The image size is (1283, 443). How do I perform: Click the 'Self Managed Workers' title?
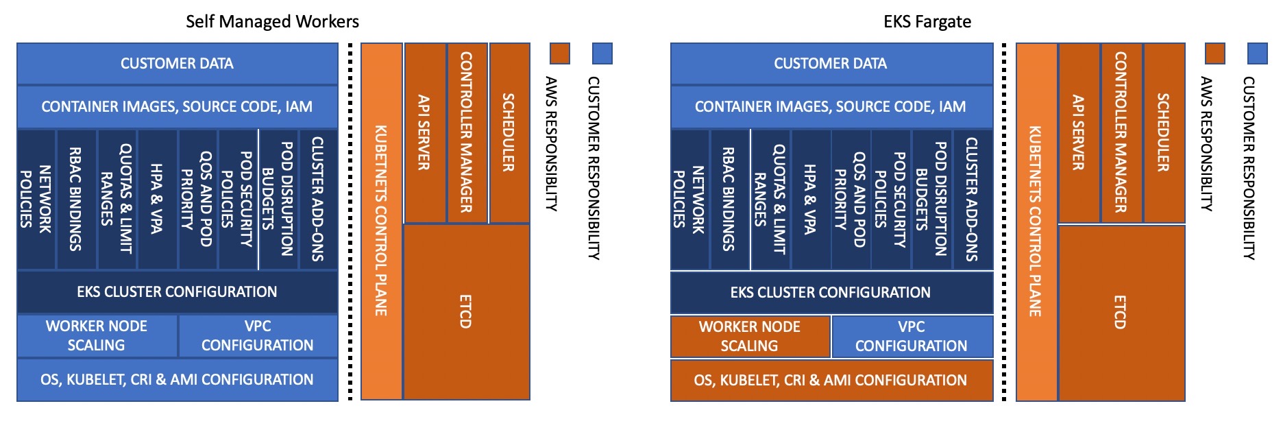tap(272, 21)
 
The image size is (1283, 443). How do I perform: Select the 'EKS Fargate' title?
tap(927, 21)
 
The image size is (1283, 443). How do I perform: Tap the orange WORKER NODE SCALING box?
tap(750, 336)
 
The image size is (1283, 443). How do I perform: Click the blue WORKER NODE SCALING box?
tap(97, 335)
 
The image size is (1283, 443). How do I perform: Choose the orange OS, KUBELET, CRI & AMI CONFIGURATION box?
tap(831, 380)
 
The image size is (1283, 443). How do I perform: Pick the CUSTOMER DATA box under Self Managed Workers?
tap(177, 63)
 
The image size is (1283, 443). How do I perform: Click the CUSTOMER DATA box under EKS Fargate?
tap(831, 63)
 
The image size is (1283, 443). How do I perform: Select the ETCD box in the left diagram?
tap(466, 311)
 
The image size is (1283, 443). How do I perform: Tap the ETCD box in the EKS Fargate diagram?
tap(1121, 312)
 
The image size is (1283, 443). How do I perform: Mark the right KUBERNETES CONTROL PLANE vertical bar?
tap(1036, 221)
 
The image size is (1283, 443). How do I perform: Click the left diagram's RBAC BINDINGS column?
tap(76, 199)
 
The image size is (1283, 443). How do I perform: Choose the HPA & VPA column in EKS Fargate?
tap(810, 199)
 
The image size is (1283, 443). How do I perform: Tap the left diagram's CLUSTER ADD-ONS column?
tap(318, 199)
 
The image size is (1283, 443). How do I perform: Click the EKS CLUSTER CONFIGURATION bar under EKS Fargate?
tap(831, 292)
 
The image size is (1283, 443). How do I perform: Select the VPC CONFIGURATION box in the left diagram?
tap(258, 335)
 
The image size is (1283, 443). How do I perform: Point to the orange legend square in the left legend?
tap(560, 53)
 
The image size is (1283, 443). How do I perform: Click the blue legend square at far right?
tap(1258, 53)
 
